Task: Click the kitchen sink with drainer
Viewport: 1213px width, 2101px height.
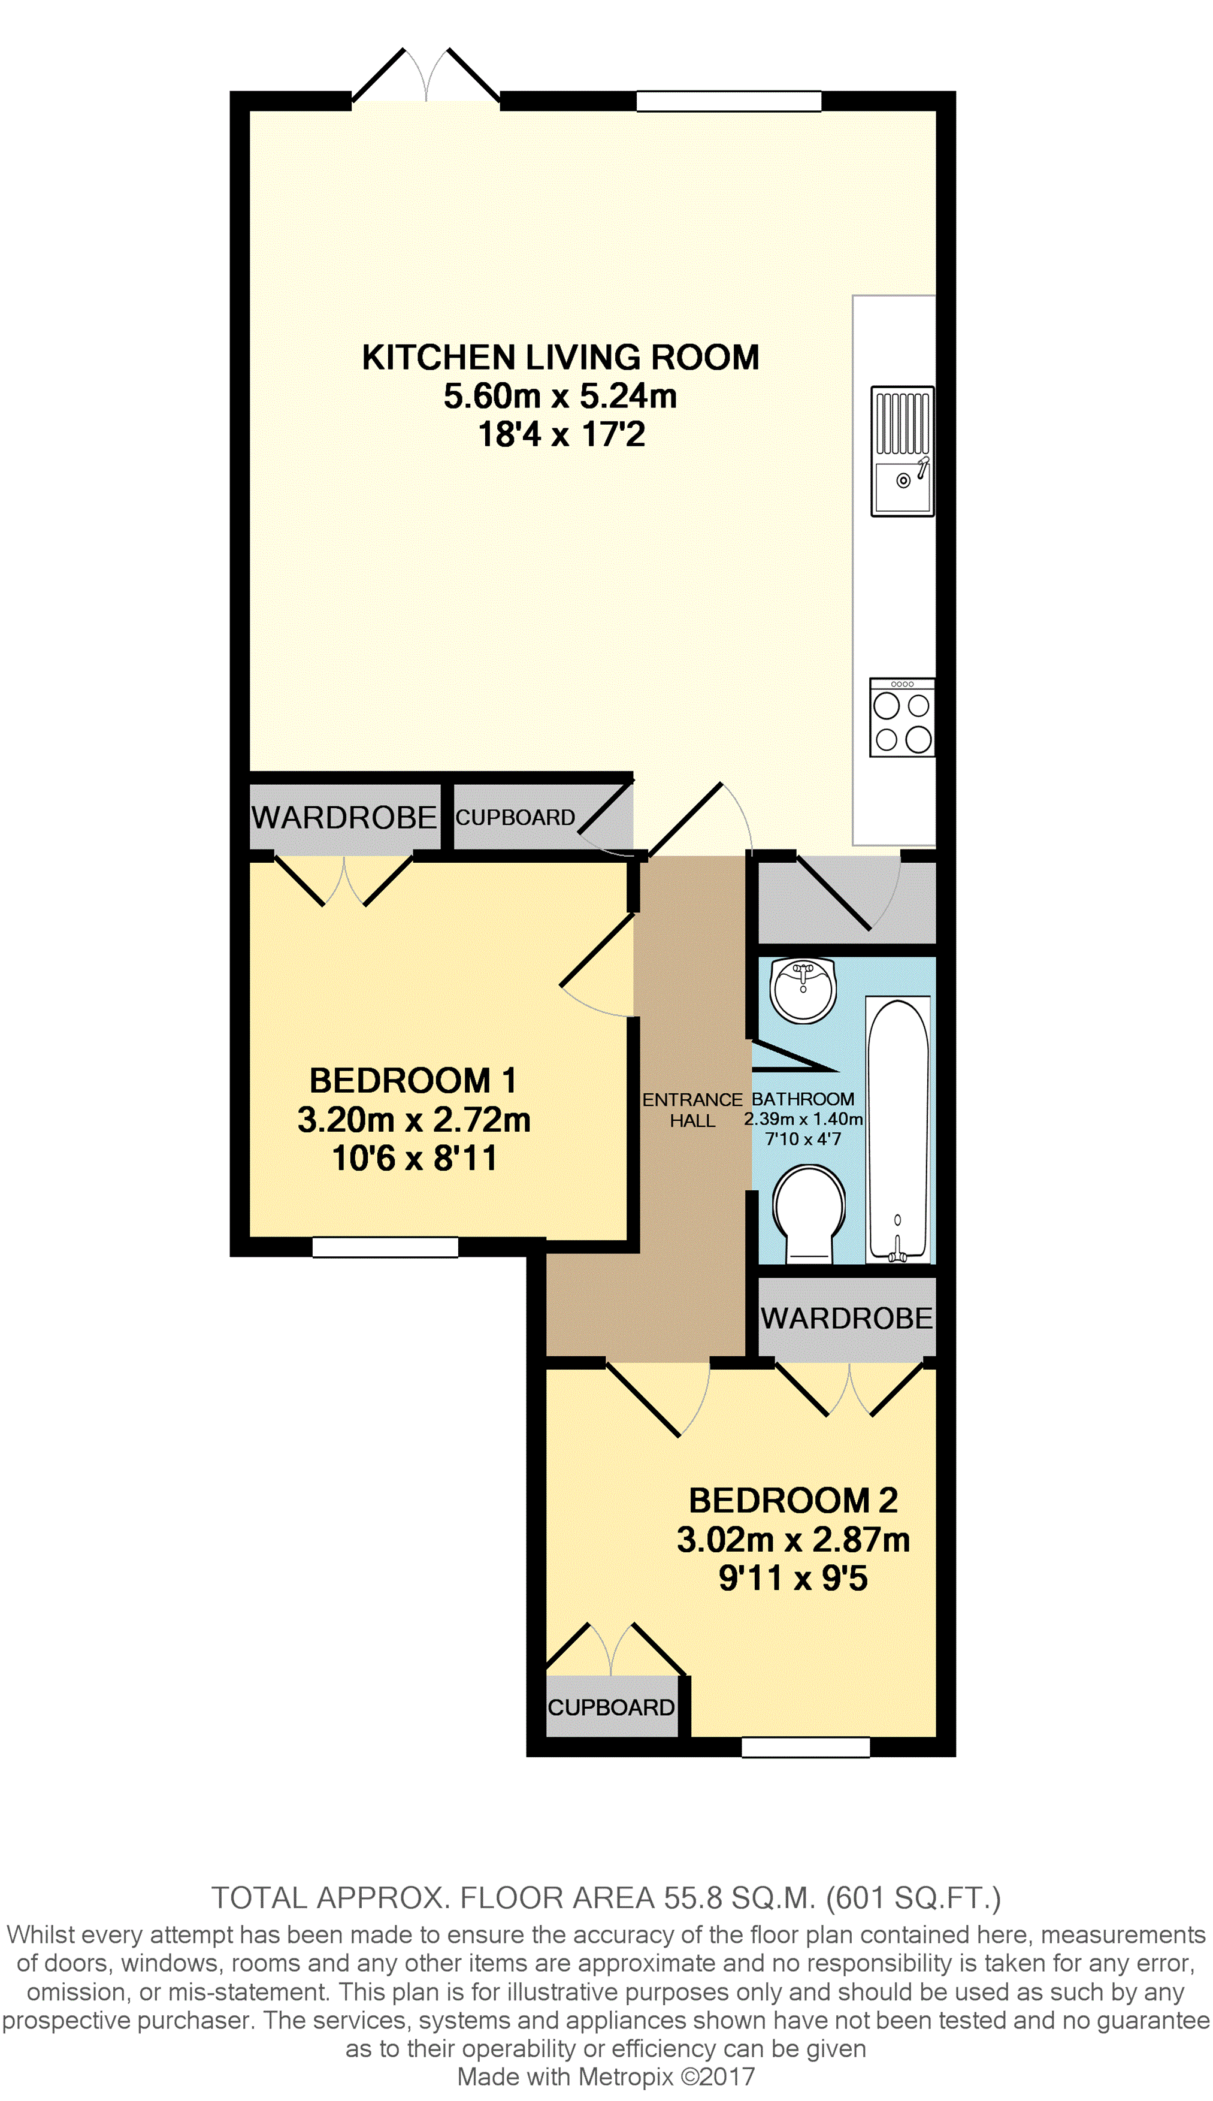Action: coord(902,451)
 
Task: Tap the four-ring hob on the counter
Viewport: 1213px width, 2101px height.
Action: coord(902,717)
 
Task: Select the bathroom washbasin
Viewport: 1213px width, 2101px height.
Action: coord(802,990)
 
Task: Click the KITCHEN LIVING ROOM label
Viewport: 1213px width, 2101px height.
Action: coord(561,358)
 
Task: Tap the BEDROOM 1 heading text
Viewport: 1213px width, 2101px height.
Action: coord(413,1081)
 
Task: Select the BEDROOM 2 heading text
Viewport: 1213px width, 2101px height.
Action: coord(793,1500)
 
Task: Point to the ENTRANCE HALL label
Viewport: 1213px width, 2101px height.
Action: coord(692,1110)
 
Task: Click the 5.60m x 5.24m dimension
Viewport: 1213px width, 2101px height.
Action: coord(560,396)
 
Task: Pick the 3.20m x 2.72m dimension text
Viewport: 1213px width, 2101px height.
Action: coord(414,1119)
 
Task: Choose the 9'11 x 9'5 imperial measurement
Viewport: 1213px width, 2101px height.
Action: coord(793,1577)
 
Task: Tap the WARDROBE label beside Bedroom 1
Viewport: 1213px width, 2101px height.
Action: coord(344,817)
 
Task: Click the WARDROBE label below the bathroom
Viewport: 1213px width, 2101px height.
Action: coord(846,1318)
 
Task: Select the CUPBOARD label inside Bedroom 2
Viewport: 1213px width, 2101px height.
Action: coord(610,1707)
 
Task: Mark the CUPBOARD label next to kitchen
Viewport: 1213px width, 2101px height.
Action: coord(515,817)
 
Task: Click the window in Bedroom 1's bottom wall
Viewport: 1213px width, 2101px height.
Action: coord(385,1246)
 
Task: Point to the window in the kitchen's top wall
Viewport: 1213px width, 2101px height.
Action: coord(729,101)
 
